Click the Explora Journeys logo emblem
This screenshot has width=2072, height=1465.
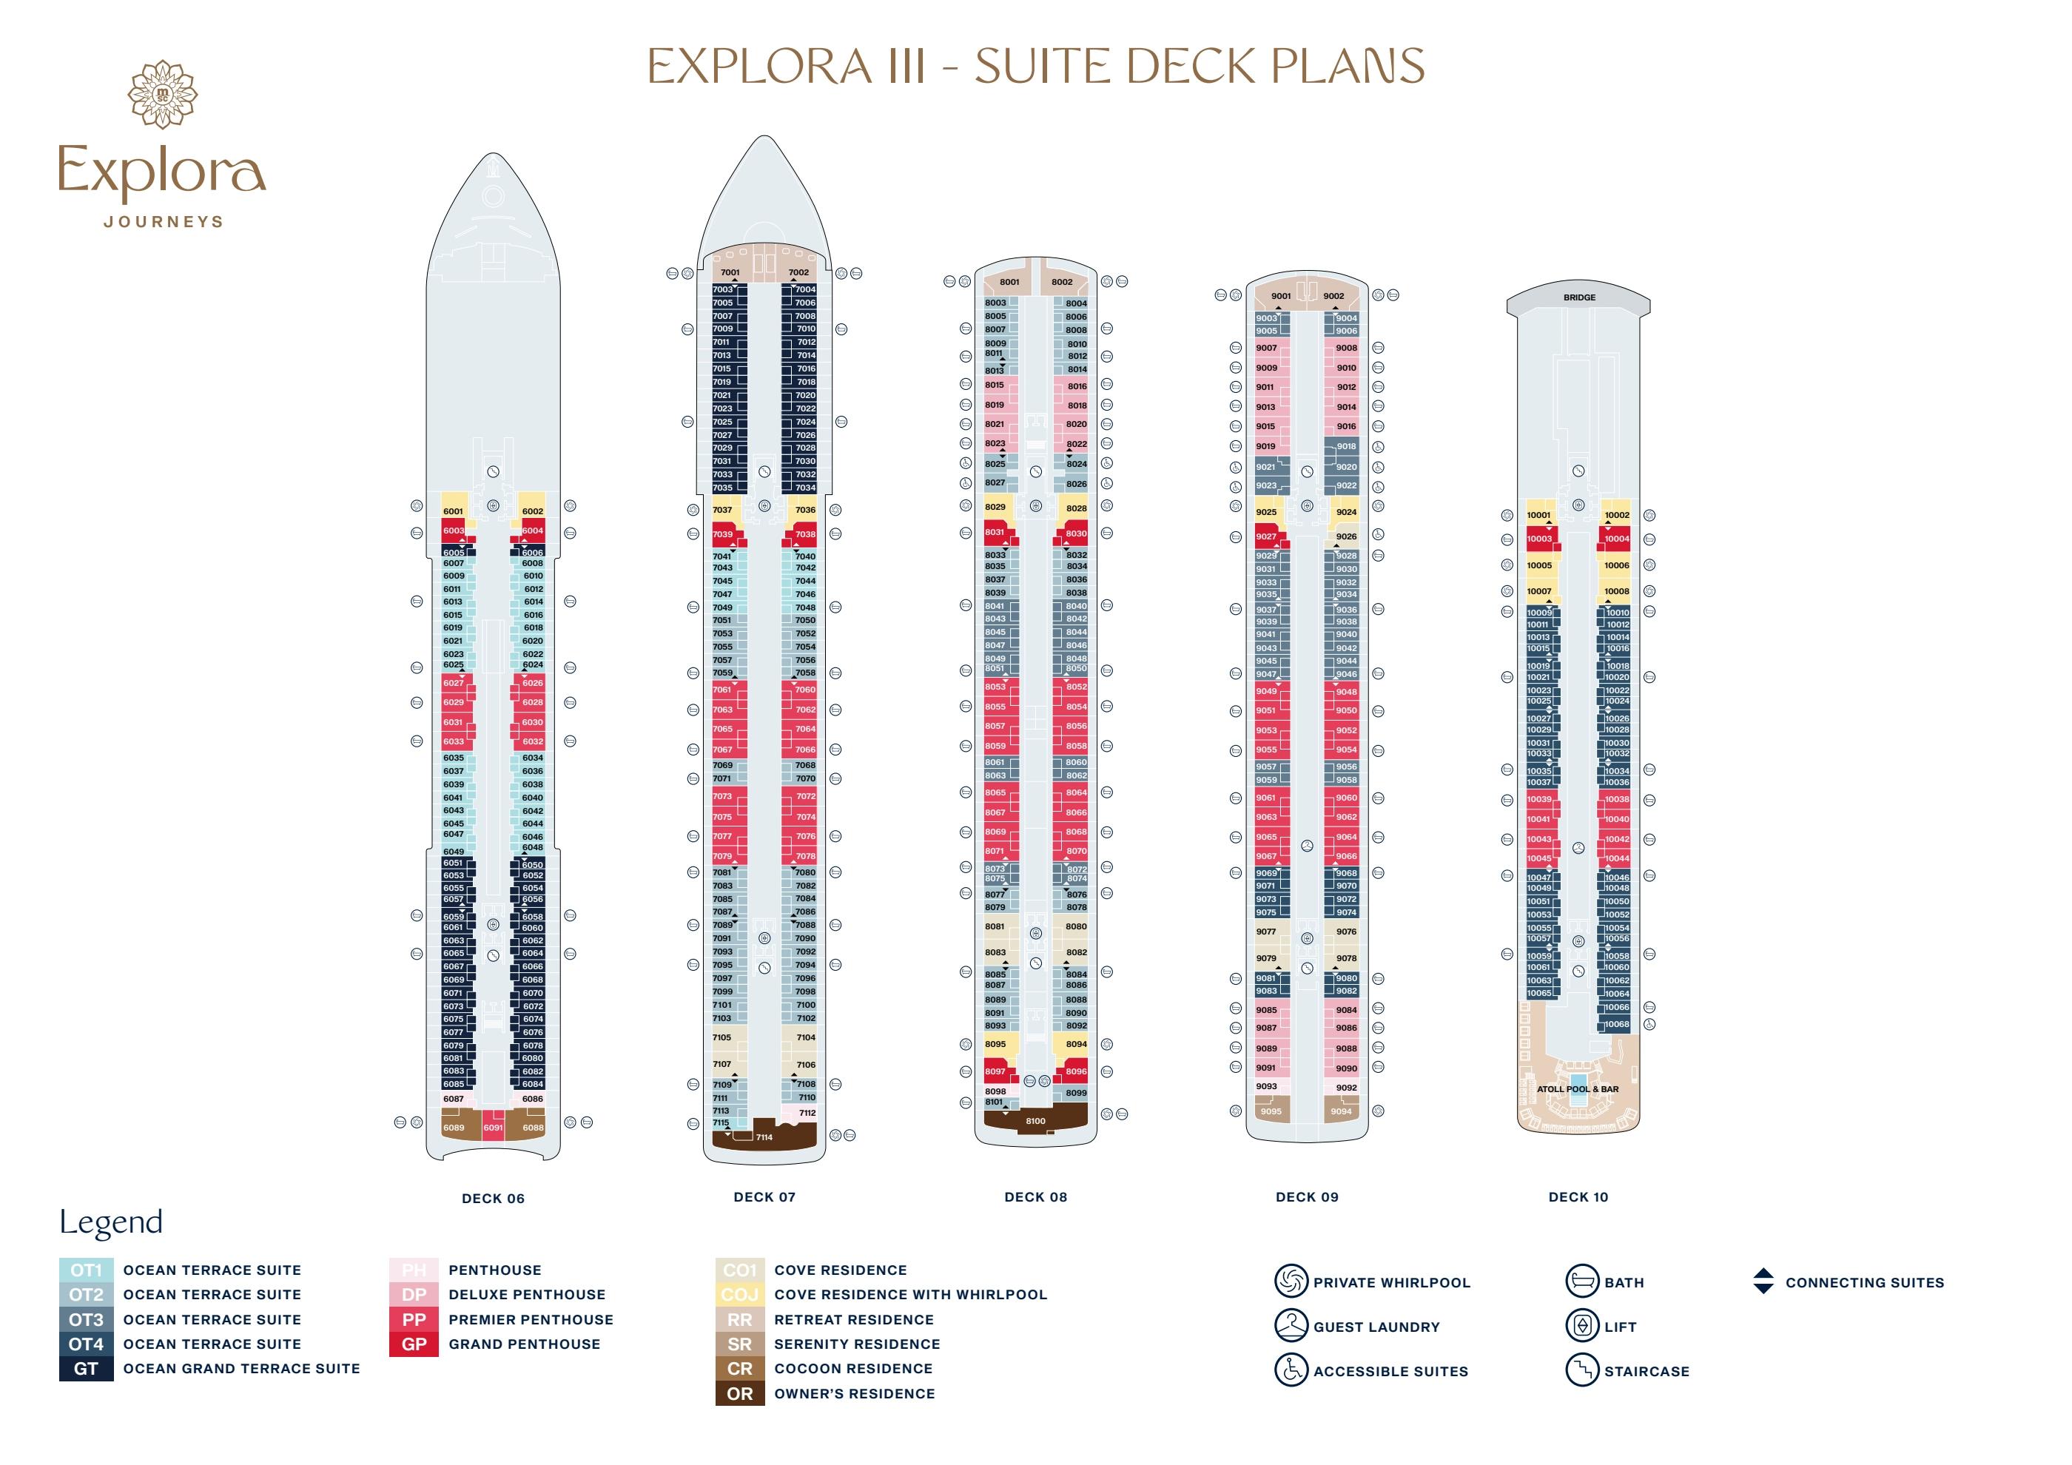(163, 94)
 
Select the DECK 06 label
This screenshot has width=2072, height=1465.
(493, 1198)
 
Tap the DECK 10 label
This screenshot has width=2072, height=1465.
(1578, 1197)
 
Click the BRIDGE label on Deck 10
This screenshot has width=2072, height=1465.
(1579, 297)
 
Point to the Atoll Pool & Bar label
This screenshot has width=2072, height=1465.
(1578, 1089)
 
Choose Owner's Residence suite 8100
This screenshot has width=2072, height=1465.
(1035, 1120)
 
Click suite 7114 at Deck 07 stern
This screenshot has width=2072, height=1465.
(764, 1137)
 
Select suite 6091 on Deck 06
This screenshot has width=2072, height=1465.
(493, 1128)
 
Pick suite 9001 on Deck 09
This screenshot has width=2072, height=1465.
(1280, 296)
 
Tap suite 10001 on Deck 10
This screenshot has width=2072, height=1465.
(1538, 515)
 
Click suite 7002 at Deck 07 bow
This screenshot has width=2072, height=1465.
(798, 272)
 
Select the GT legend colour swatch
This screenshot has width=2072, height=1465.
(87, 1369)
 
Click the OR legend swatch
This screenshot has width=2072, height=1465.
(740, 1394)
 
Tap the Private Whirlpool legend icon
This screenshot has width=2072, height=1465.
(1291, 1281)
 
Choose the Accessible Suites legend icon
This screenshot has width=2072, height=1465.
(1291, 1370)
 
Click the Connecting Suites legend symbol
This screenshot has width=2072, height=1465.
(1763, 1281)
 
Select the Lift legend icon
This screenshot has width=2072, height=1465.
(1582, 1326)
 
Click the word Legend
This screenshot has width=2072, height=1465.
(111, 1222)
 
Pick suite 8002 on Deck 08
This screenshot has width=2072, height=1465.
(1062, 283)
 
